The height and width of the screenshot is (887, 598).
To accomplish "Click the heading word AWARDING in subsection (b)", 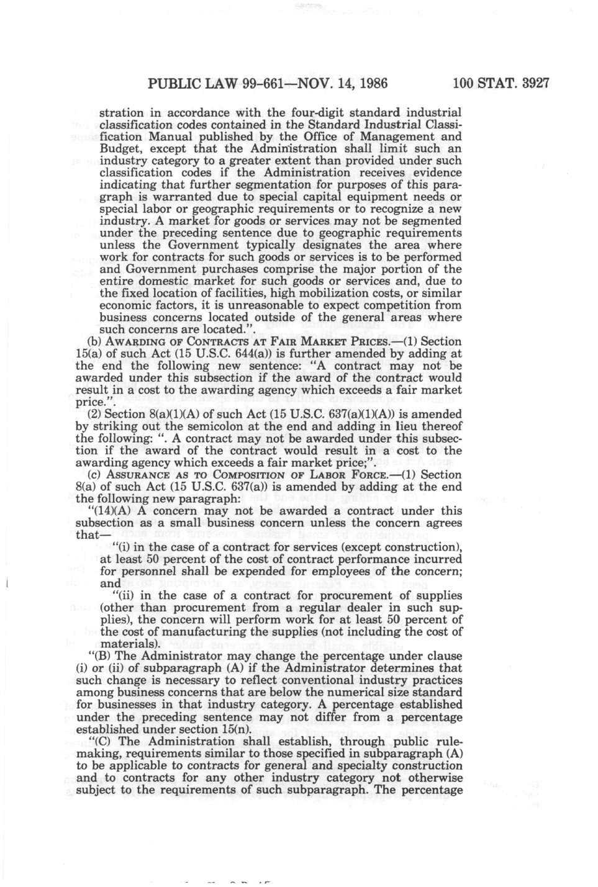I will [133, 341].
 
